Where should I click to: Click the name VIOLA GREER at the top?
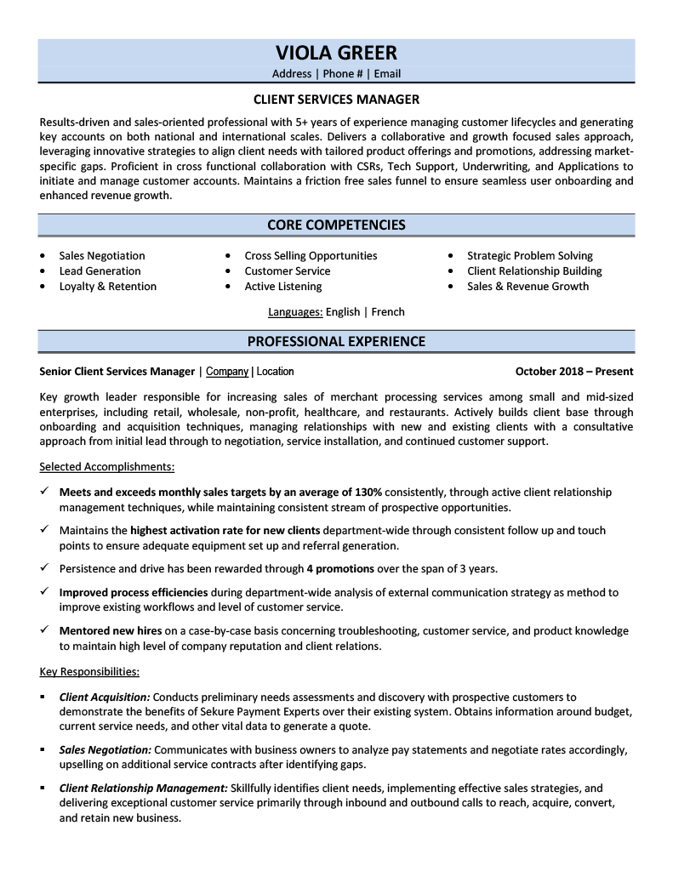pyautogui.click(x=336, y=53)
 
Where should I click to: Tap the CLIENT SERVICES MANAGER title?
pyautogui.click(x=336, y=100)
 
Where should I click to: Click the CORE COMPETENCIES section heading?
pyautogui.click(x=336, y=225)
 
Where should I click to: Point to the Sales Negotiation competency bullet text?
pyautogui.click(x=102, y=256)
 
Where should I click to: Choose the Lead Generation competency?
pyautogui.click(x=100, y=271)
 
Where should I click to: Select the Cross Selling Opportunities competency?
pyautogui.click(x=311, y=256)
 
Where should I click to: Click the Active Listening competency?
pyautogui.click(x=283, y=287)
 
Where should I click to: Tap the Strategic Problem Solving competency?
pyautogui.click(x=530, y=256)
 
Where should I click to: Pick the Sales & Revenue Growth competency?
pyautogui.click(x=528, y=287)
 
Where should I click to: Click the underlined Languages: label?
pyautogui.click(x=295, y=312)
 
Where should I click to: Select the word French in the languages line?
pyautogui.click(x=388, y=312)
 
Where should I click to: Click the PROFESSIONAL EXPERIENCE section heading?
pyautogui.click(x=336, y=342)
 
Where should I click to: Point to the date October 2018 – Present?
pyautogui.click(x=574, y=372)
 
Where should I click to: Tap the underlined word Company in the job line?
pyautogui.click(x=227, y=372)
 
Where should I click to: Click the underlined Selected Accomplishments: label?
pyautogui.click(x=107, y=467)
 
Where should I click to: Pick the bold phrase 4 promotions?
pyautogui.click(x=340, y=569)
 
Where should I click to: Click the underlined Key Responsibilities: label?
pyautogui.click(x=89, y=672)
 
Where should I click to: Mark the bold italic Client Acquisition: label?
pyautogui.click(x=105, y=697)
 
